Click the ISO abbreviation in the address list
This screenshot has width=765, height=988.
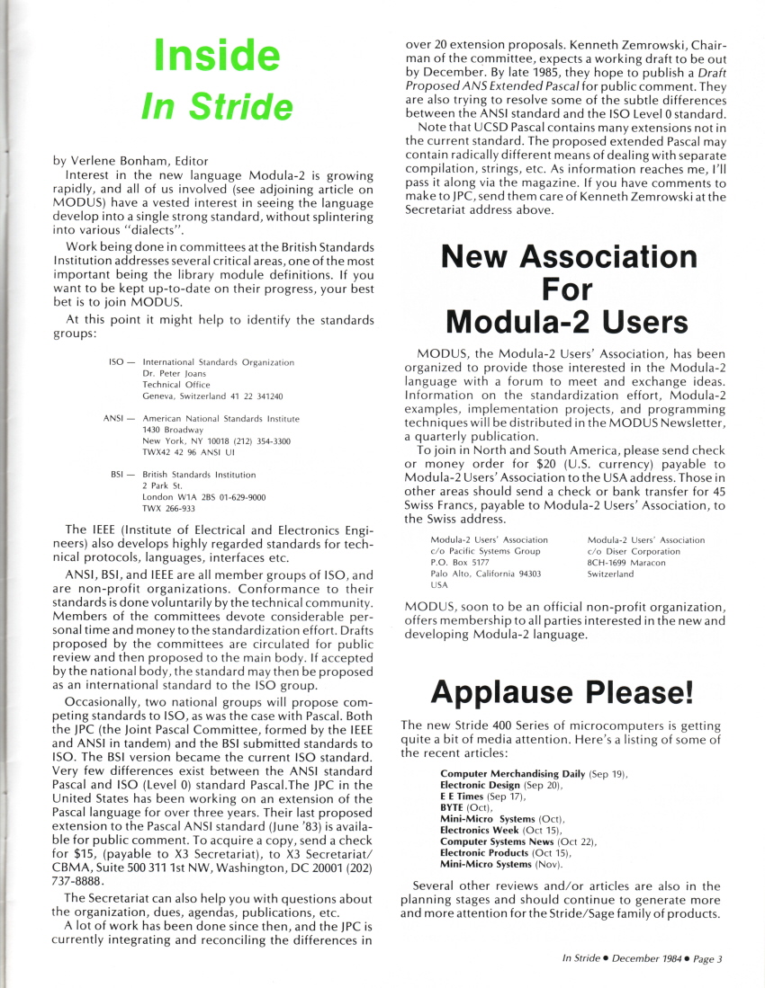[116, 361]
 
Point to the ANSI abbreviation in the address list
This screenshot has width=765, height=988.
[115, 419]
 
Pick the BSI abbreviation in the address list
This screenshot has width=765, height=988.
[118, 475]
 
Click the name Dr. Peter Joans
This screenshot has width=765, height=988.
[175, 373]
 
